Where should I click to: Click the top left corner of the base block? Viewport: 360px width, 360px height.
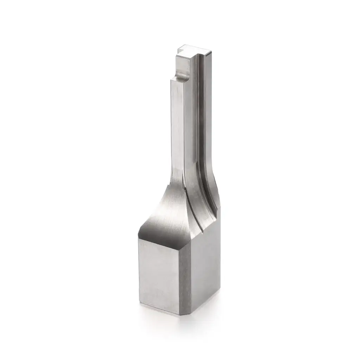click(x=139, y=237)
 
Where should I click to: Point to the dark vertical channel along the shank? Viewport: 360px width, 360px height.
click(x=200, y=123)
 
